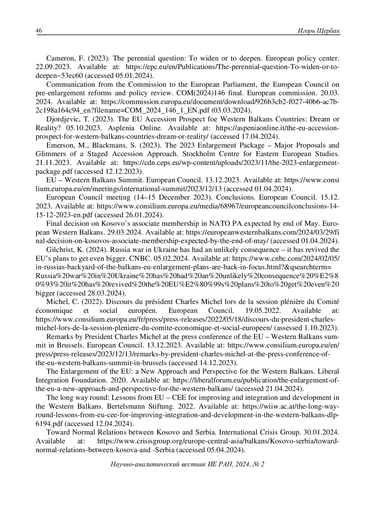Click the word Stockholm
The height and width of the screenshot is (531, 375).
[199, 154]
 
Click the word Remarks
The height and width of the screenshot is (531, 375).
[58, 337]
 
